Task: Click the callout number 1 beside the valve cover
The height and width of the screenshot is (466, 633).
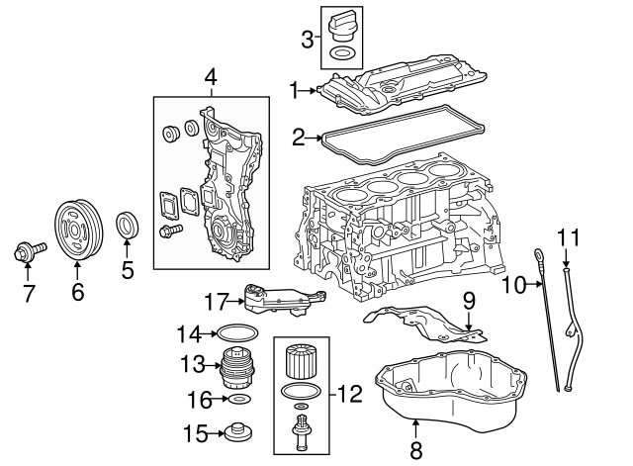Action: coord(294,91)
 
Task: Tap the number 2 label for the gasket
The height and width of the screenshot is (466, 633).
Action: coord(298,138)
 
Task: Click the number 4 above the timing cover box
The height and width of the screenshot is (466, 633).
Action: coord(210,77)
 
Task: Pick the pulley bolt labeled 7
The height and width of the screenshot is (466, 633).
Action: coord(27,254)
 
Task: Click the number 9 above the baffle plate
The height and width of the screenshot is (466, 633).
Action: coord(469,298)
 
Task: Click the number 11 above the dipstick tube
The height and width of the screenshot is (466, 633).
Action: coord(566,237)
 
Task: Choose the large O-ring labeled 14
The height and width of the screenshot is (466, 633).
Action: coord(236,333)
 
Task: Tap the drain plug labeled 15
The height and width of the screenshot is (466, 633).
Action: coord(236,433)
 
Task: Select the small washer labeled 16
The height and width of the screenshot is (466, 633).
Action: coord(237,401)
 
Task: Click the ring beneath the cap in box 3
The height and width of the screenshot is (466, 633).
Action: coord(341,53)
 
